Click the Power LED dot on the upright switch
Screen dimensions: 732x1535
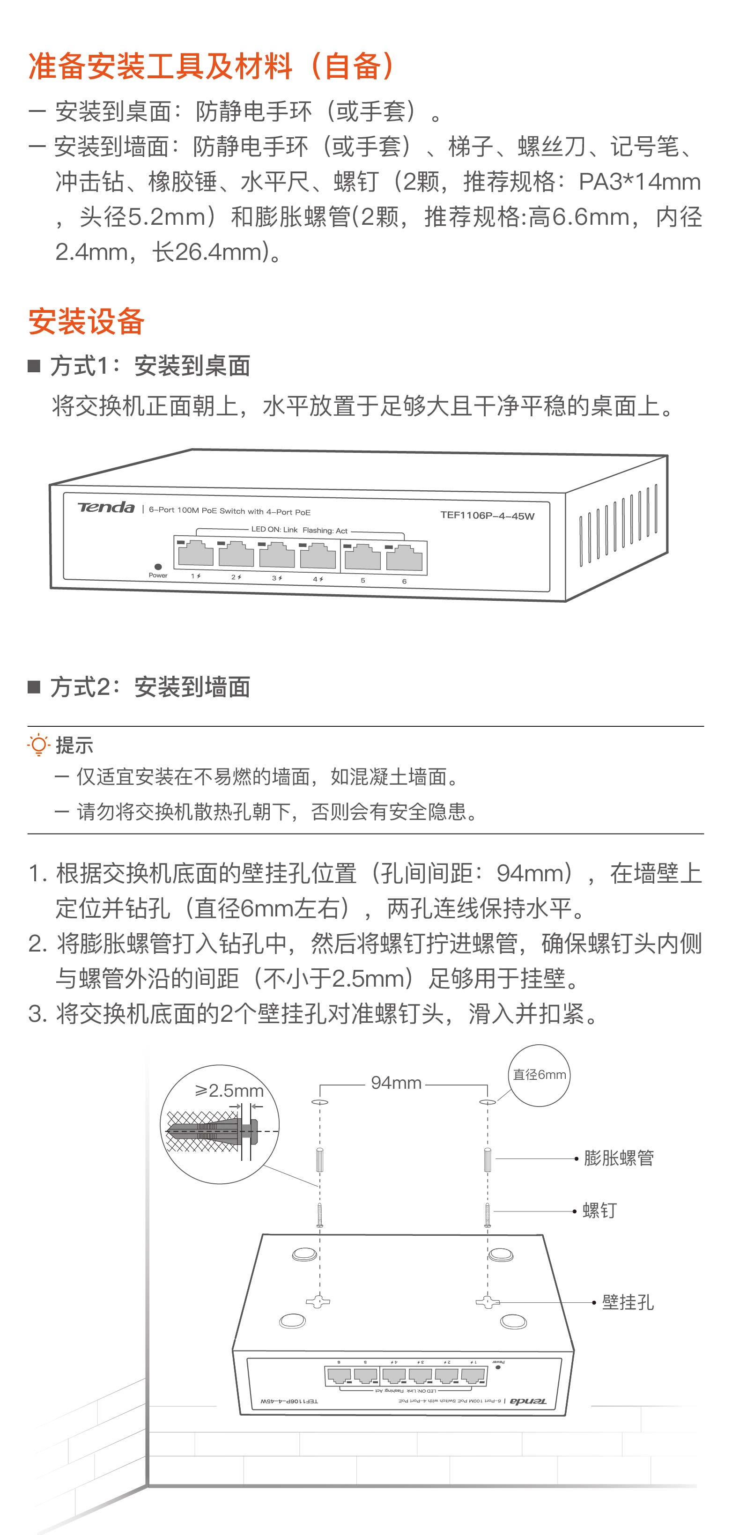158,567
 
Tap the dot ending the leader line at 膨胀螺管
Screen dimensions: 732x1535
577,1159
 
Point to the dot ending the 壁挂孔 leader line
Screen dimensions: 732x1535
594,1303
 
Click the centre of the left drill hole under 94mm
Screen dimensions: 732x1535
320,1102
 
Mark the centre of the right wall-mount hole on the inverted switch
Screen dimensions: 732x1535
488,1302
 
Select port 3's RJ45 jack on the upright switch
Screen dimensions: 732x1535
277,555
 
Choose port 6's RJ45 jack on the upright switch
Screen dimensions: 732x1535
404,558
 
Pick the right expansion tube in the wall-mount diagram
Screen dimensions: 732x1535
488,1159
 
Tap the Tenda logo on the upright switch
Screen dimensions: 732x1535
106,507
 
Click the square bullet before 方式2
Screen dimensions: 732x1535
34,687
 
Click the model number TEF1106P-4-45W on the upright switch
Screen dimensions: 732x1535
487,516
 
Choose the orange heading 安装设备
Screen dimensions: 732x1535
87,322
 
